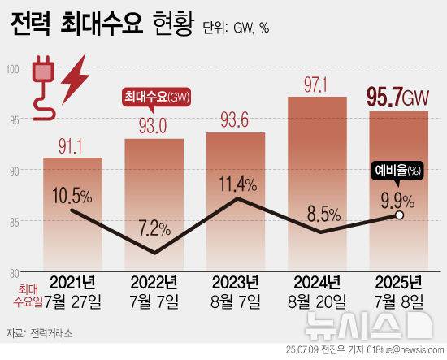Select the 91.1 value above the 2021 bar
tap(72, 147)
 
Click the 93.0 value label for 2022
tap(153, 128)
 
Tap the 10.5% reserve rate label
tap(74, 195)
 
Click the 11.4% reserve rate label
tap(235, 181)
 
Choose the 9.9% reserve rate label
tap(397, 197)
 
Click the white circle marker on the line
tap(398, 216)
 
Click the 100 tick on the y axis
tap(13, 71)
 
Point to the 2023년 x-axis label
tap(235, 282)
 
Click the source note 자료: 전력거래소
tap(41, 332)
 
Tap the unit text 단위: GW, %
tap(238, 29)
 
